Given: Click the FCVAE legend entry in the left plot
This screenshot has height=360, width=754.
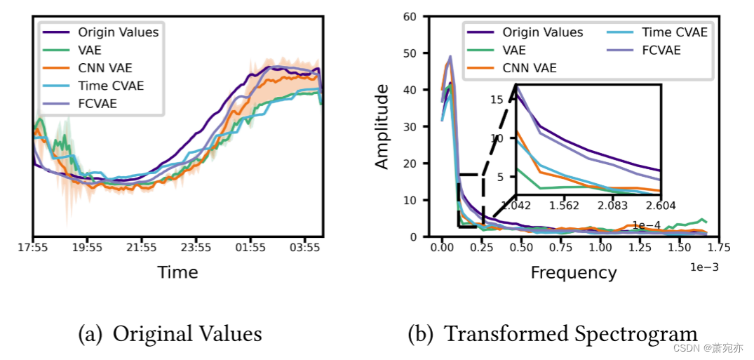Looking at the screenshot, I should [x=97, y=104].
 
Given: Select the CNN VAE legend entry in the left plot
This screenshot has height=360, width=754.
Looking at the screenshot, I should [x=105, y=68].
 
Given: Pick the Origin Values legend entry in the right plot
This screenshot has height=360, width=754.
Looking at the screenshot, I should [x=542, y=32].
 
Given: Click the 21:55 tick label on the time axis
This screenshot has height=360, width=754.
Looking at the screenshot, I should [x=142, y=248].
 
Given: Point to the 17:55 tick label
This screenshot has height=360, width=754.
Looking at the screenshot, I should [x=33, y=248].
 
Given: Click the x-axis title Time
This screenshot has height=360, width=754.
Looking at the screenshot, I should [x=177, y=272].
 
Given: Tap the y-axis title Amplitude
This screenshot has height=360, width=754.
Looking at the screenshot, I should [x=382, y=126].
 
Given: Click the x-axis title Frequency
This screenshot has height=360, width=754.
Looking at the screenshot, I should [x=573, y=272].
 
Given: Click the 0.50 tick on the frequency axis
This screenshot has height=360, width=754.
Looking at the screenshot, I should [x=520, y=248].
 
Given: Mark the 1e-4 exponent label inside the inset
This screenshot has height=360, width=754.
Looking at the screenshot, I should [x=646, y=225].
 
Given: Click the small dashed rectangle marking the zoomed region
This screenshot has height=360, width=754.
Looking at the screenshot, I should [x=471, y=201].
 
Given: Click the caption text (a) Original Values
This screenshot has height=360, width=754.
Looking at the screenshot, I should [x=170, y=334].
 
